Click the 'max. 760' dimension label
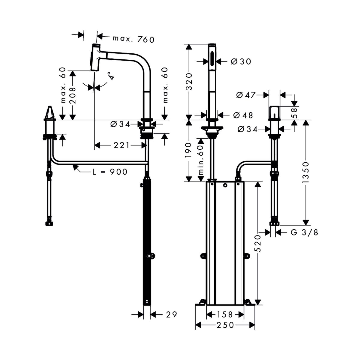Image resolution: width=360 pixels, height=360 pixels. click(x=133, y=39)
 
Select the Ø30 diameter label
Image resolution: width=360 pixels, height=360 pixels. click(x=241, y=61)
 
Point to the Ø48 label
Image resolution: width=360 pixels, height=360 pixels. click(x=243, y=115)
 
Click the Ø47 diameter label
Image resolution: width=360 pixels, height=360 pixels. click(x=246, y=95)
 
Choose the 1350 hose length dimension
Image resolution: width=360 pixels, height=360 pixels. click(x=306, y=172)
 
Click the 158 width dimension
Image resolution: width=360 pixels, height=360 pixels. click(x=225, y=314)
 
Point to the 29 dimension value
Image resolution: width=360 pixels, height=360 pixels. click(x=171, y=314)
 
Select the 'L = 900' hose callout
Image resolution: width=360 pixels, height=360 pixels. click(x=110, y=172)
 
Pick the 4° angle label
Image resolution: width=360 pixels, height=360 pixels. click(x=111, y=76)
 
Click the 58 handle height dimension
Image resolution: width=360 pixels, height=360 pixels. click(x=295, y=113)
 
